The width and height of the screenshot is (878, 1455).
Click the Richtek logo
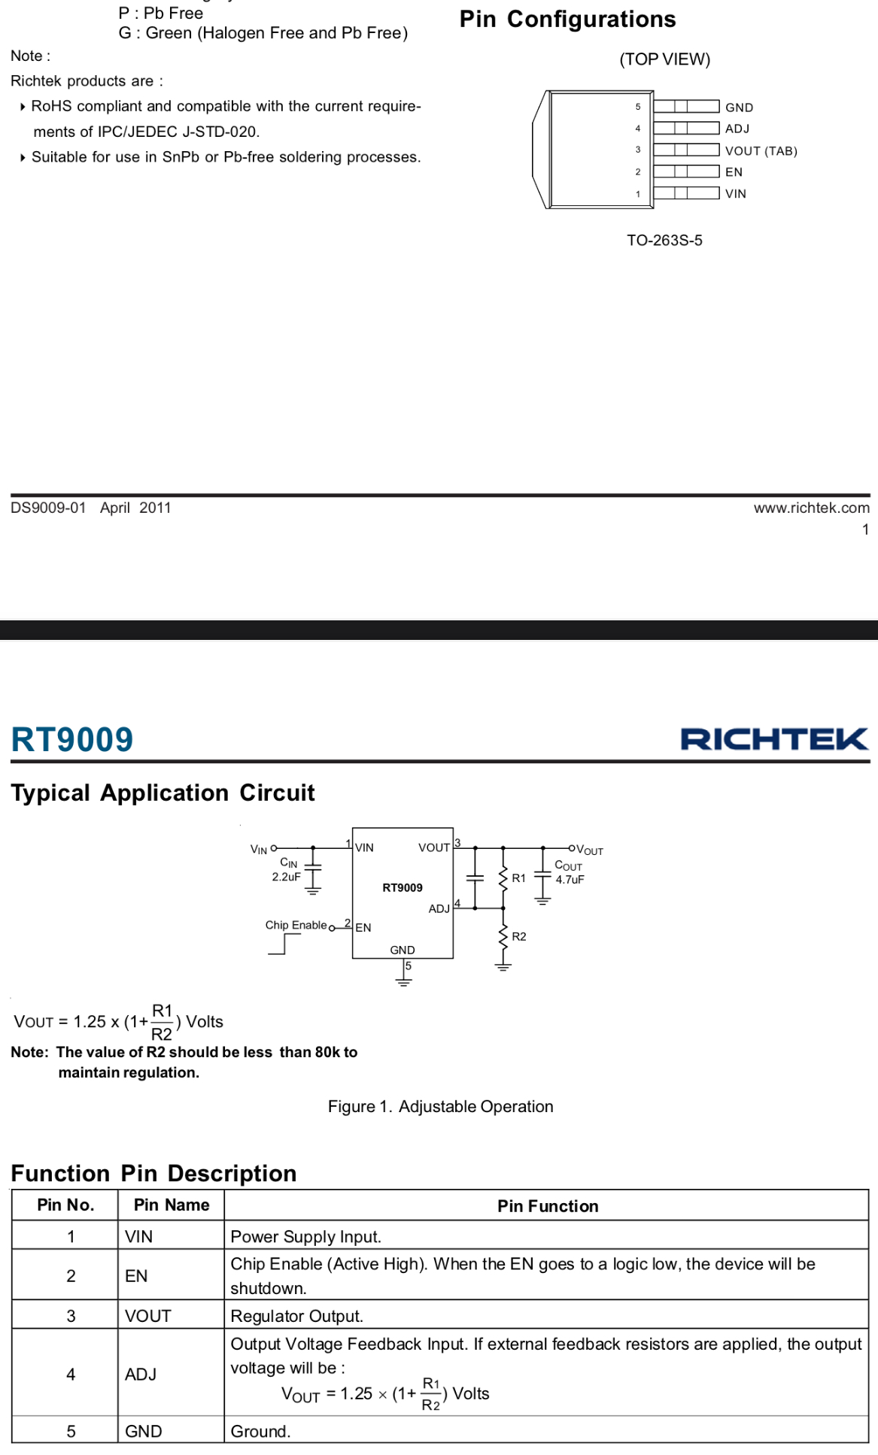(774, 738)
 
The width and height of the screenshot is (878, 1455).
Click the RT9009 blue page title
(72, 739)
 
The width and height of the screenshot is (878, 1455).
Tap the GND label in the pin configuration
(739, 108)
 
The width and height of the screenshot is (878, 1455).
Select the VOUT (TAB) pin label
(761, 151)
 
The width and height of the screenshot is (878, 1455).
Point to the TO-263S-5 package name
(664, 241)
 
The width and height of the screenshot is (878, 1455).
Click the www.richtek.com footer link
(812, 508)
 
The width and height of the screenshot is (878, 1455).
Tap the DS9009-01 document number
(48, 508)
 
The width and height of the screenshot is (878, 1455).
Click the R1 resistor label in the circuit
(518, 878)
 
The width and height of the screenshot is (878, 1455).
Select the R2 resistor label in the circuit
(519, 936)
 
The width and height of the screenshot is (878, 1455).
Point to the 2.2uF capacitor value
(286, 877)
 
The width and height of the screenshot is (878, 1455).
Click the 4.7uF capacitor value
(570, 880)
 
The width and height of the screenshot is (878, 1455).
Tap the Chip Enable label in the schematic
(296, 925)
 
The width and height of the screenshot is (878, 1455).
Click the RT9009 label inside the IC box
(403, 888)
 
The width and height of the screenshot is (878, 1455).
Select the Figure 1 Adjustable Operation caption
(440, 1106)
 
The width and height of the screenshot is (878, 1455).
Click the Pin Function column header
(548, 1206)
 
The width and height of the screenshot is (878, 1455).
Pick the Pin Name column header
(172, 1205)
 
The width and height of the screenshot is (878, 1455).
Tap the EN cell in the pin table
(136, 1276)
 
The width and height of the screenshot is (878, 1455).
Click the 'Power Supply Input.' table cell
(305, 1237)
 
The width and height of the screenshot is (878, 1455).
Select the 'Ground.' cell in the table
(260, 1432)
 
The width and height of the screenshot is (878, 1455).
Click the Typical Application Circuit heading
(163, 793)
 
